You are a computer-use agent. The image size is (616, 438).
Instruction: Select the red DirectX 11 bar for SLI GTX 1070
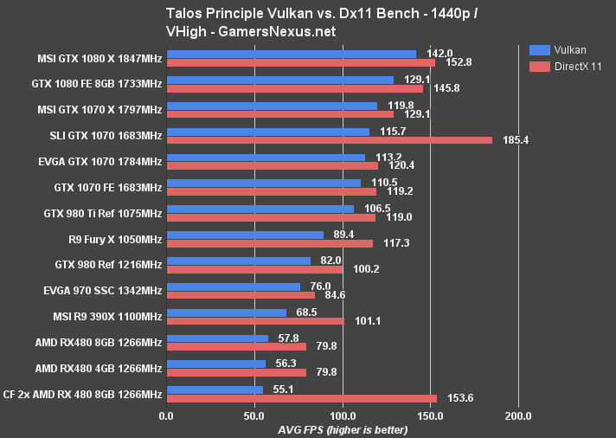[x=329, y=139]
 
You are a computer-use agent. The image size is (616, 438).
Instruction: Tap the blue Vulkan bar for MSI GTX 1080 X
[x=291, y=54]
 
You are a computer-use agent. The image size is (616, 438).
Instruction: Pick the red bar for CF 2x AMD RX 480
[x=301, y=398]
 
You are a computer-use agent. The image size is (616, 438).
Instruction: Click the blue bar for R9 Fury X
[x=245, y=235]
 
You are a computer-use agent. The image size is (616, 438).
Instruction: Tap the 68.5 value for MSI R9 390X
[x=305, y=312]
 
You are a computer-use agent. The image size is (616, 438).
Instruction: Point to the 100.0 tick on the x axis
[x=343, y=415]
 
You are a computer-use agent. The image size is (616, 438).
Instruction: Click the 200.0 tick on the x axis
[x=518, y=415]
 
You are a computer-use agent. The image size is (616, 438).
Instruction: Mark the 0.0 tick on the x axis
[x=167, y=415]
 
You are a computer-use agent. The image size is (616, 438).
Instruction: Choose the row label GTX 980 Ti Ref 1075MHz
[x=102, y=213]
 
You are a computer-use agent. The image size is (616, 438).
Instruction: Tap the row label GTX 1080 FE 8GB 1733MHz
[x=101, y=83]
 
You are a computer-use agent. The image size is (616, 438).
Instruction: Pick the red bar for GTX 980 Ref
[x=254, y=269]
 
